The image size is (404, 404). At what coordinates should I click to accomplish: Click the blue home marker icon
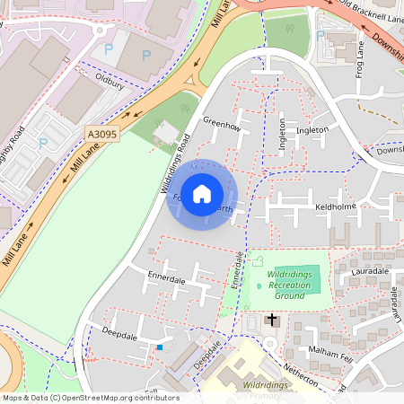point(202,194)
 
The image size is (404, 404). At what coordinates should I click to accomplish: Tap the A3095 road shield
point(102,134)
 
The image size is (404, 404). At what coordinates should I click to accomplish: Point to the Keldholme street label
point(337,206)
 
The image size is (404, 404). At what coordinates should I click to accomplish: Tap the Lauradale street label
point(370,270)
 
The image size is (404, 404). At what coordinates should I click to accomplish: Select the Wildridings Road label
point(176,167)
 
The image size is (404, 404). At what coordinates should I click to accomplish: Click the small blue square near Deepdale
point(160,347)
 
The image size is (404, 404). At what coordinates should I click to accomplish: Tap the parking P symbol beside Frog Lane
point(321,36)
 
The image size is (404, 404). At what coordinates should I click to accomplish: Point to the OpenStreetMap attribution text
point(90,398)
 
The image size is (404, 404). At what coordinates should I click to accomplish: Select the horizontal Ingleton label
point(312,130)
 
